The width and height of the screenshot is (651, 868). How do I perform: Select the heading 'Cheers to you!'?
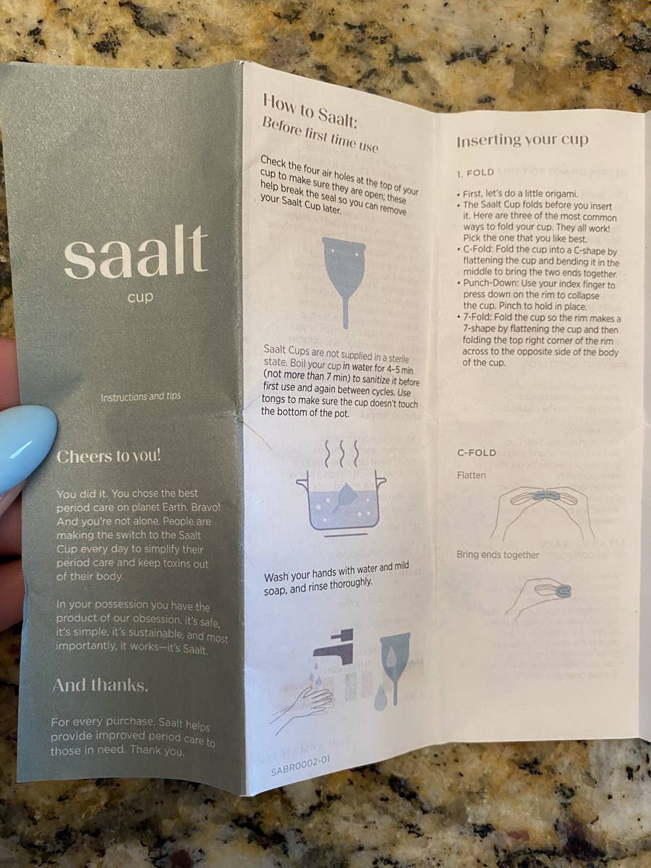(x=109, y=456)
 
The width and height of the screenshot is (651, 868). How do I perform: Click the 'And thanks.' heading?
(x=100, y=686)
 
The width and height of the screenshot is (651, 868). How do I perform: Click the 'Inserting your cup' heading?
(x=522, y=140)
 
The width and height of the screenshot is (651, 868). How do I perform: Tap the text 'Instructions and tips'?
(x=140, y=397)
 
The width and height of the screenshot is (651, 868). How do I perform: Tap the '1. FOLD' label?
(x=475, y=173)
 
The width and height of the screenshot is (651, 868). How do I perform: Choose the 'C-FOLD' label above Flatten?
(x=477, y=453)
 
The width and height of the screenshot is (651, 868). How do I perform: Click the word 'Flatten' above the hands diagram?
(x=472, y=475)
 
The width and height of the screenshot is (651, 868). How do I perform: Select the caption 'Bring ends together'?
(x=498, y=555)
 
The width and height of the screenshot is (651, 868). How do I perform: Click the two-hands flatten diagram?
(x=541, y=510)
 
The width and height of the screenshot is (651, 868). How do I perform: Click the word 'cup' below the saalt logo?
(x=140, y=297)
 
